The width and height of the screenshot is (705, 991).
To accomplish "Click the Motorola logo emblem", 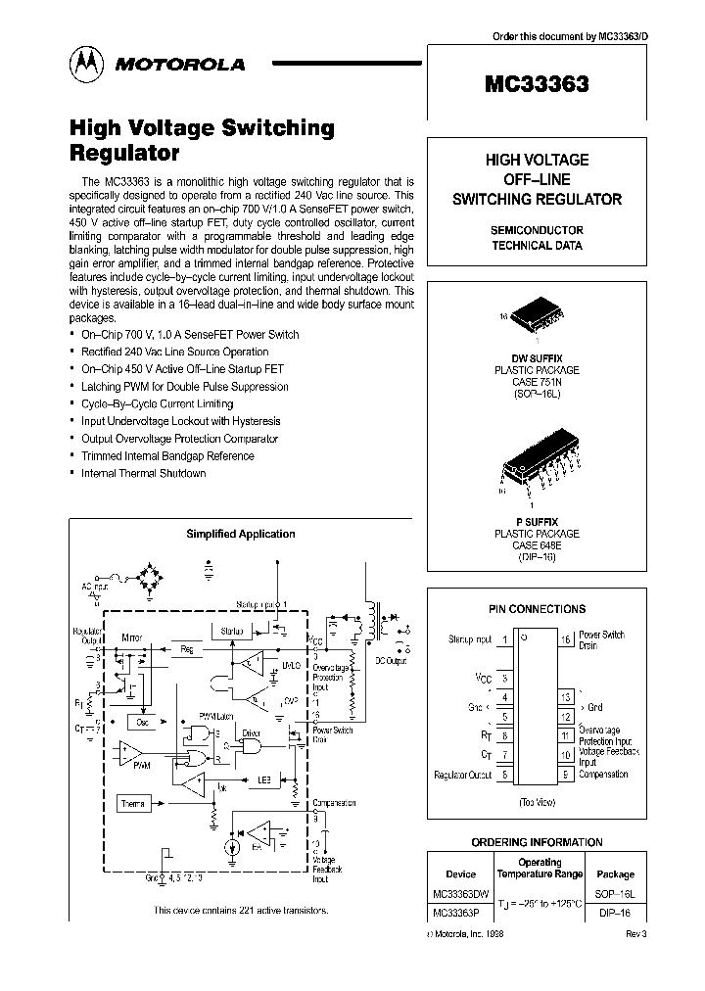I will click(x=84, y=64).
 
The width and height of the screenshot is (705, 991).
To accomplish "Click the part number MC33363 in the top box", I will click(x=536, y=84).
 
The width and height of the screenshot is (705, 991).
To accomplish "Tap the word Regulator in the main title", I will click(x=124, y=153).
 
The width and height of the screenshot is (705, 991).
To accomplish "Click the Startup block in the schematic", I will click(x=232, y=631).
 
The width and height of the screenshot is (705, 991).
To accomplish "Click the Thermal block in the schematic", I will click(x=134, y=803).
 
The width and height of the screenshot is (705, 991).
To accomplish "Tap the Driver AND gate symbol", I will click(x=253, y=746).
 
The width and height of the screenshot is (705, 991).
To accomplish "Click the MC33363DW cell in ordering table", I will click(x=460, y=895).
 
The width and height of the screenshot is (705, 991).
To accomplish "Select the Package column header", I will click(x=615, y=873).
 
